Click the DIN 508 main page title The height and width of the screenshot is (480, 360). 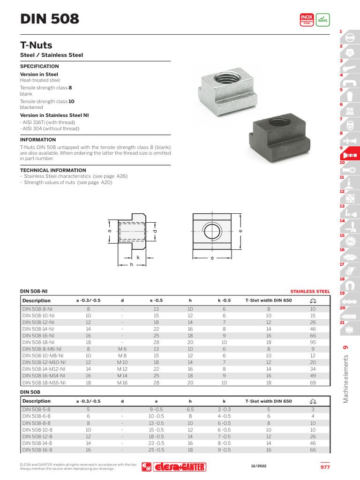click(x=50, y=19)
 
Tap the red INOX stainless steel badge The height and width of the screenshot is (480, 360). click(x=307, y=19)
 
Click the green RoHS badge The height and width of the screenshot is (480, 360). click(x=322, y=19)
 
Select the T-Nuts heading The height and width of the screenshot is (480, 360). click(x=36, y=45)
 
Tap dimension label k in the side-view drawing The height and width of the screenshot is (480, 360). click(x=138, y=257)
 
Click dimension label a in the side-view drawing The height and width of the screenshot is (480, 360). click(x=109, y=231)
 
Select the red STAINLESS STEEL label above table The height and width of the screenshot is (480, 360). click(x=310, y=291)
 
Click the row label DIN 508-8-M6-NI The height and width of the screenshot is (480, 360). click(x=41, y=349)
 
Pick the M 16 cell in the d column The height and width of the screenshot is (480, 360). click(x=122, y=382)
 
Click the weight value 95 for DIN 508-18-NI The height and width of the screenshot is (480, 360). click(x=313, y=342)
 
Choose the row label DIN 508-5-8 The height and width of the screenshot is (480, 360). click(x=36, y=409)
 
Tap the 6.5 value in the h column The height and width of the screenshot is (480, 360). click(x=190, y=409)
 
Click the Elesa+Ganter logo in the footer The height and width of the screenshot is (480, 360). click(x=174, y=467)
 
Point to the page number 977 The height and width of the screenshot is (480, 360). click(x=325, y=467)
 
